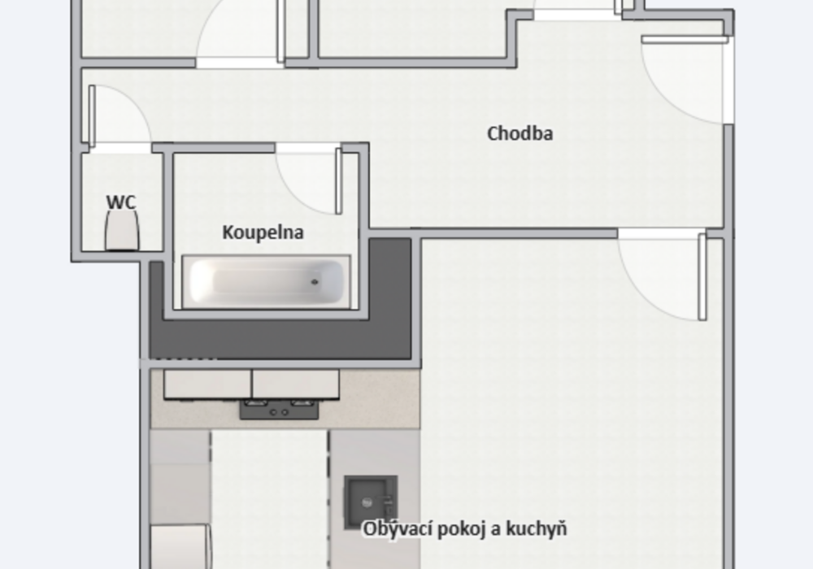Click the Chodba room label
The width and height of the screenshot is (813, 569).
[x=520, y=133]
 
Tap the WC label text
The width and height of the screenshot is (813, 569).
[x=121, y=202]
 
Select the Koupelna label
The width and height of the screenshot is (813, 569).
[x=263, y=232]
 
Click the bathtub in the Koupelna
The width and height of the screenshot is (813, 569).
[x=267, y=281]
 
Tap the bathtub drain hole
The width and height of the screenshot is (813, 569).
[x=314, y=282]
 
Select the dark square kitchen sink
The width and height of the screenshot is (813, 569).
[x=371, y=502]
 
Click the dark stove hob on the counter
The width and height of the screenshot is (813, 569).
[x=279, y=410]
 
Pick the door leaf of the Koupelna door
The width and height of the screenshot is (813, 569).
[x=339, y=180]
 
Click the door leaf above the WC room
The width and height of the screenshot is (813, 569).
[x=93, y=116]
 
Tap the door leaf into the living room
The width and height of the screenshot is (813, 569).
[x=702, y=276]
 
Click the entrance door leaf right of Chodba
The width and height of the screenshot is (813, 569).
[x=685, y=39]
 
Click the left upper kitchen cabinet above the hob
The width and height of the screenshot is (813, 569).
[x=207, y=384]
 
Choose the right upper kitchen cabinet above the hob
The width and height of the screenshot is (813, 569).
[x=296, y=384]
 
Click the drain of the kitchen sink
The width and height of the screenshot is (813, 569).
[x=367, y=502]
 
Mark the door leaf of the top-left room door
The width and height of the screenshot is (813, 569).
[x=280, y=31]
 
